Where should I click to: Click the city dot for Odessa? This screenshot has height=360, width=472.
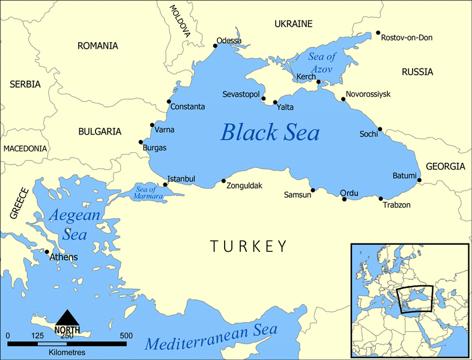point(216,45)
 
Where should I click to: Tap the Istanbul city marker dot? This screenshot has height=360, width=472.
point(166,185)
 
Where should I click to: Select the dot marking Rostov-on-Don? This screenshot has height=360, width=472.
point(378,33)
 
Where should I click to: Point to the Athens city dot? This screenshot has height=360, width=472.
point(47,252)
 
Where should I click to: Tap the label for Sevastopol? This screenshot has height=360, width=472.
point(240,95)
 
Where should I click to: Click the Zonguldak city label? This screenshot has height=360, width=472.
point(244,186)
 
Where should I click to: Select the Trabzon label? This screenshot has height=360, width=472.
point(396,205)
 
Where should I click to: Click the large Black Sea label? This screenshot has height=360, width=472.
point(270,132)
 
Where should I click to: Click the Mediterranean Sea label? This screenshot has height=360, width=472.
point(211,338)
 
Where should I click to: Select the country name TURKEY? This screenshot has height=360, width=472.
point(248,246)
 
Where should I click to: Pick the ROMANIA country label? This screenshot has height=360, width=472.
point(97,46)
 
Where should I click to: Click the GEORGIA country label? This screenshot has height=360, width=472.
point(445,166)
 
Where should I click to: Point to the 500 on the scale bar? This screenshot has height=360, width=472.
point(126,335)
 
